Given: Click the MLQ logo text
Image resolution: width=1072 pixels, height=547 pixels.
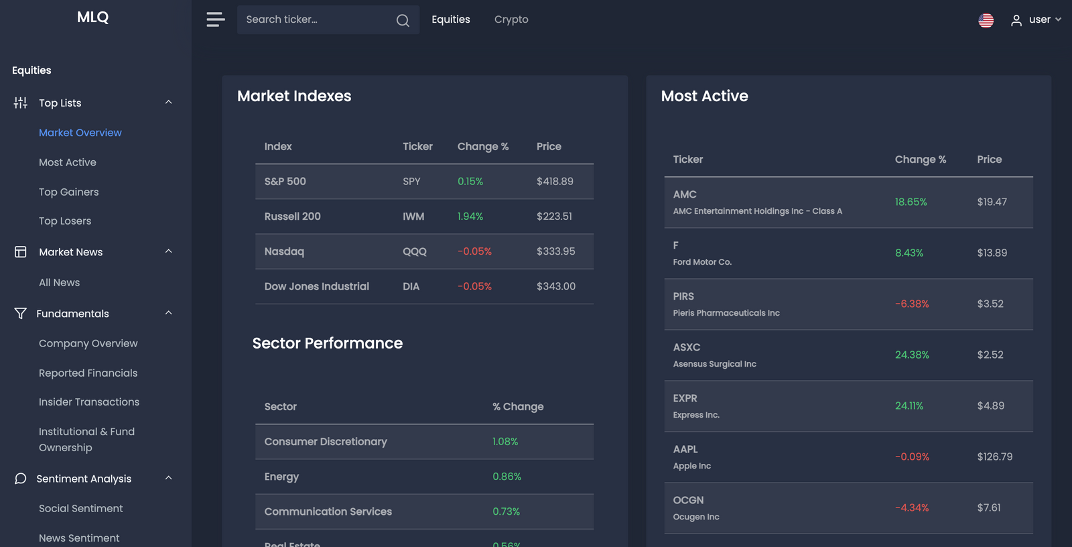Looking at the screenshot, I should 92,17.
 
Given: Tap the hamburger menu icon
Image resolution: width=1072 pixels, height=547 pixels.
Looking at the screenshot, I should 215,19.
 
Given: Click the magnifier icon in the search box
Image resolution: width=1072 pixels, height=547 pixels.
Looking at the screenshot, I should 403,20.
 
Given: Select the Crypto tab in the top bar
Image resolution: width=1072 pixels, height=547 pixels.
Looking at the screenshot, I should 511,19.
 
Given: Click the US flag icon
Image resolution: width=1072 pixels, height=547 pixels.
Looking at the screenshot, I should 986,20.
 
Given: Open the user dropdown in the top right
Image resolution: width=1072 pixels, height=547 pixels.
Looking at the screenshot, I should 1036,20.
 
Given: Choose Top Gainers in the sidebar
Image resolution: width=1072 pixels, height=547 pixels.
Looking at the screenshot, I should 68,192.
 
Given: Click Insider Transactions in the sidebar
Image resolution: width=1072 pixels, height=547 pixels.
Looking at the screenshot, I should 89,402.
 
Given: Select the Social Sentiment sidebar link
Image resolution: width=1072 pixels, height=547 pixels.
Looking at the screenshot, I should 80,508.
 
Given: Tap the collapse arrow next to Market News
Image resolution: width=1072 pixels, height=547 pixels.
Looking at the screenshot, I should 169,251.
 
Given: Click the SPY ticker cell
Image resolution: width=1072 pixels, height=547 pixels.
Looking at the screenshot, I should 411,182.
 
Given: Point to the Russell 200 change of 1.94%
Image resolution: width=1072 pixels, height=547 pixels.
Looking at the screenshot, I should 470,217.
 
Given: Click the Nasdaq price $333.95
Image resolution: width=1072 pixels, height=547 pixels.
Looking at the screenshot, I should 555,251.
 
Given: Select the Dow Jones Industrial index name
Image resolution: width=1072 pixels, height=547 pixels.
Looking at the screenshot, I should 316,286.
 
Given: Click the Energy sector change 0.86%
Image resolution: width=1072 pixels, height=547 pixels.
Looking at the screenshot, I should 507,477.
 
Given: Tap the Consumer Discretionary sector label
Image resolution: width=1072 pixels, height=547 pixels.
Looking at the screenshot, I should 326,442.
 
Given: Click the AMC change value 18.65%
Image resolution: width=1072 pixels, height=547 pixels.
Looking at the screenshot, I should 911,202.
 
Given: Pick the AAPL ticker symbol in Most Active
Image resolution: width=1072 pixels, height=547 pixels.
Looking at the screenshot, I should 685,449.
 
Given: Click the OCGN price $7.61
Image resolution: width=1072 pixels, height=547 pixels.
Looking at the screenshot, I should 988,507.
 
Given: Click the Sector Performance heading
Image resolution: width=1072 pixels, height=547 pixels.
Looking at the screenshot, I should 328,343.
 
